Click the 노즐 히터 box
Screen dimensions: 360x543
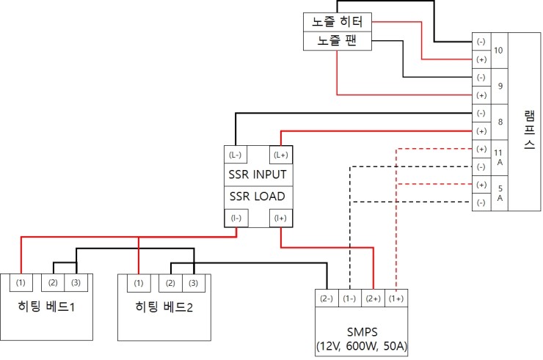pyautogui.click(x=338, y=23)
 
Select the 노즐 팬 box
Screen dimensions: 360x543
pyautogui.click(x=338, y=41)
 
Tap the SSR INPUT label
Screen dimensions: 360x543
pyautogui.click(x=257, y=175)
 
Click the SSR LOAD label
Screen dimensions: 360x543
pyautogui.click(x=257, y=196)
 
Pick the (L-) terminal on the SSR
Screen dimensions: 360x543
pyautogui.click(x=236, y=155)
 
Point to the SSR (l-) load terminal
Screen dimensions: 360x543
pyautogui.click(x=236, y=218)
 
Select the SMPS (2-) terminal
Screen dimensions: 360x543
pyautogui.click(x=327, y=298)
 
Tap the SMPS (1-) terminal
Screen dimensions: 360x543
pyautogui.click(x=350, y=298)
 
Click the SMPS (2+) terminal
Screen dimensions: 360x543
pyautogui.click(x=373, y=298)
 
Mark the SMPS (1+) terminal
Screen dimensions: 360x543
pyautogui.click(x=396, y=298)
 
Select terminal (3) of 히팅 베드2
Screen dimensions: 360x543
pyautogui.click(x=194, y=283)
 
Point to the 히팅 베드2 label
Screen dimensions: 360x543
pyautogui.click(x=164, y=306)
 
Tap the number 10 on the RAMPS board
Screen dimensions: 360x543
pyautogui.click(x=499, y=51)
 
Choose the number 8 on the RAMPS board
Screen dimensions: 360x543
pyautogui.click(x=499, y=122)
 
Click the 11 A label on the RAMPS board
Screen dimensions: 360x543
pyautogui.click(x=499, y=157)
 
